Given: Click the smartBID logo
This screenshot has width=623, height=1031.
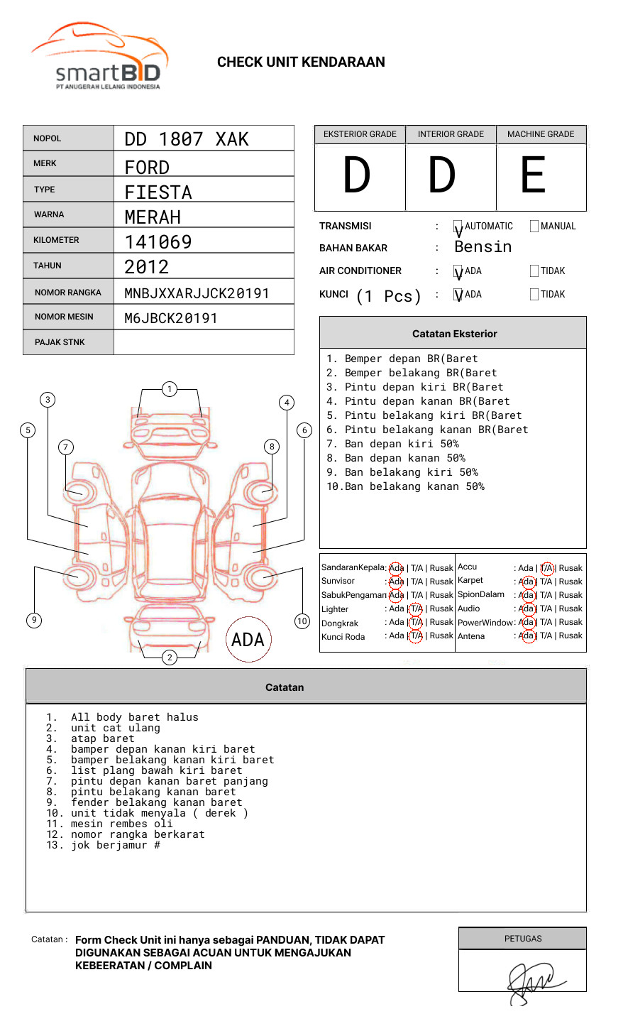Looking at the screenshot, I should pyautogui.click(x=99, y=57).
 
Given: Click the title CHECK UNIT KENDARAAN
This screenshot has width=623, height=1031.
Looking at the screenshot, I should pyautogui.click(x=301, y=62).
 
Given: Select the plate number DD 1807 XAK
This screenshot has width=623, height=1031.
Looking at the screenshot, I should pyautogui.click(x=187, y=139).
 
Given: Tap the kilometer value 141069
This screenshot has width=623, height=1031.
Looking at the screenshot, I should pyautogui.click(x=158, y=242).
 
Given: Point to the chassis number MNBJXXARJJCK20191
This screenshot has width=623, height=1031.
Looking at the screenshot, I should pyautogui.click(x=197, y=293).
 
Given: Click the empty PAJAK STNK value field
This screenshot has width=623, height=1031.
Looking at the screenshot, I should pyautogui.click(x=204, y=342).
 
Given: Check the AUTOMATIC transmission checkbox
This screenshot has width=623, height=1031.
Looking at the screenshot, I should pyautogui.click(x=458, y=227).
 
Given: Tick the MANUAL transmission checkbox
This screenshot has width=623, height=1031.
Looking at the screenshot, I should pyautogui.click(x=534, y=227).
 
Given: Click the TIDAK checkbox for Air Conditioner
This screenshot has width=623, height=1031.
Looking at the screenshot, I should pyautogui.click(x=534, y=271).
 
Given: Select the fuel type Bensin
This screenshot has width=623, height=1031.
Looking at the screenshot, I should pyautogui.click(x=483, y=247).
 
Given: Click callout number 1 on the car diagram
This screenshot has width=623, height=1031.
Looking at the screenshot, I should pyautogui.click(x=169, y=389).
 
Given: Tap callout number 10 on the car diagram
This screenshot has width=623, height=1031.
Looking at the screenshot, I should pyautogui.click(x=302, y=621).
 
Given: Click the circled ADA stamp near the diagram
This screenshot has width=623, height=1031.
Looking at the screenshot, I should pyautogui.click(x=248, y=640).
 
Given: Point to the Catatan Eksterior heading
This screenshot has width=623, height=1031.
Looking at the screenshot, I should pyautogui.click(x=454, y=334).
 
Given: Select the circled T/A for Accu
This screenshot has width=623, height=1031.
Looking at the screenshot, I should pyautogui.click(x=546, y=568).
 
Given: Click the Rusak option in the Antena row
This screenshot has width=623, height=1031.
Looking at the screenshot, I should pyautogui.click(x=570, y=636).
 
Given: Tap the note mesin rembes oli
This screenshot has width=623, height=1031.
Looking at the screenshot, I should pyautogui.click(x=121, y=824).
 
